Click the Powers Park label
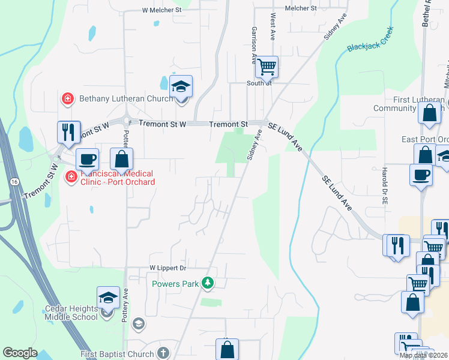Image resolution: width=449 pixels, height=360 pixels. click(x=175, y=283)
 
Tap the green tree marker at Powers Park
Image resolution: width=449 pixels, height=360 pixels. click(x=208, y=282)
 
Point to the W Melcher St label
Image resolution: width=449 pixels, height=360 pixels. click(x=161, y=10)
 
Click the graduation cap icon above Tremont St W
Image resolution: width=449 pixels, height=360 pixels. click(x=181, y=87)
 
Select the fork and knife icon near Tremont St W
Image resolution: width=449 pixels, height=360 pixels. click(x=68, y=132)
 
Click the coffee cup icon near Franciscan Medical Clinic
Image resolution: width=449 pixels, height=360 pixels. click(x=88, y=159)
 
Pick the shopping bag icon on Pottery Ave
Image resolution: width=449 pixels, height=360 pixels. click(x=122, y=159)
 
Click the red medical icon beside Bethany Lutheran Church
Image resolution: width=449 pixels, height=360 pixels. click(x=68, y=98)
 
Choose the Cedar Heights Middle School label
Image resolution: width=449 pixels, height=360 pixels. click(x=71, y=313)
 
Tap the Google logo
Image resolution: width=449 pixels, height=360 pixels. click(x=20, y=352)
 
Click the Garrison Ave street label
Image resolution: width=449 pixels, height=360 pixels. click(x=255, y=45)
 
